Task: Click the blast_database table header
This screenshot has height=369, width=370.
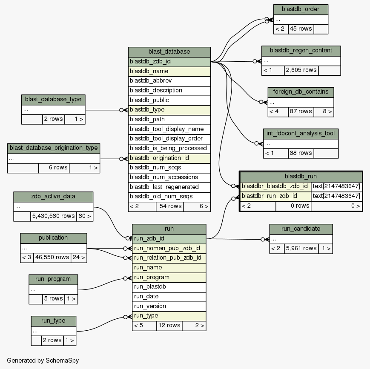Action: point(169,51)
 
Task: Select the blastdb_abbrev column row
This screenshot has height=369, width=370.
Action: point(169,80)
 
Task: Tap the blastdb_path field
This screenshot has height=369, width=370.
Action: point(169,119)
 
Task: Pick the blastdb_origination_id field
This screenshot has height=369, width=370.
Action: point(169,158)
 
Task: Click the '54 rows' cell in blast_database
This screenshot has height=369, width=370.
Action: point(169,206)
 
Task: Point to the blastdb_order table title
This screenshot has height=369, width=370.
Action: point(301,9)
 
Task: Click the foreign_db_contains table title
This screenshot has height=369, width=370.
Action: point(301,92)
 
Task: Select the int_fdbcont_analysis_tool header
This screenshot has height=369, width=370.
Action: point(301,133)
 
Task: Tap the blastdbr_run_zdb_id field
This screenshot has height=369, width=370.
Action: point(275,196)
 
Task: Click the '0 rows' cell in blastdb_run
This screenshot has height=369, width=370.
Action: point(293,206)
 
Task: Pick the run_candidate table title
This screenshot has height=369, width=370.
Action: point(301,229)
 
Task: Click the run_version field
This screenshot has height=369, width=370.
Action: point(169,306)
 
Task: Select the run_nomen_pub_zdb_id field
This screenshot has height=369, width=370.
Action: point(169,248)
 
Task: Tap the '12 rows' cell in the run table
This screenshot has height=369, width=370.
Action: point(169,326)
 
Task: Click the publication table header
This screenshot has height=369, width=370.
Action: point(53,237)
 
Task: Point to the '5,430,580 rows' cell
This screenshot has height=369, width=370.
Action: point(53,216)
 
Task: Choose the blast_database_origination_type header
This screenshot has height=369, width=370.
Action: point(53,148)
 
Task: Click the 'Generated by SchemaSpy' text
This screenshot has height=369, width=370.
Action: point(43,360)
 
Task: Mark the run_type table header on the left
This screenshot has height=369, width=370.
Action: point(53,320)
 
